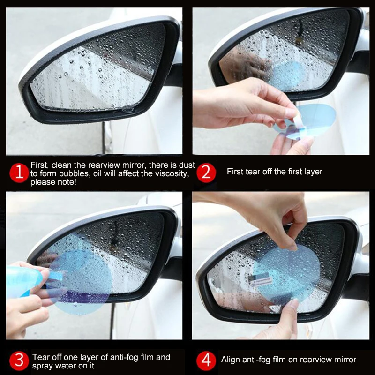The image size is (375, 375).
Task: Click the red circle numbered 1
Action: coord(19,173)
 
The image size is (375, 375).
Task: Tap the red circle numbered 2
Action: coord(206,172)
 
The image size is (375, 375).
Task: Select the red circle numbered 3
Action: coord(19,360)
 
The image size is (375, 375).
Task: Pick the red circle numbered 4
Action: coord(206,360)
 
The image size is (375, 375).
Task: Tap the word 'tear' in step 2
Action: coord(253,172)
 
